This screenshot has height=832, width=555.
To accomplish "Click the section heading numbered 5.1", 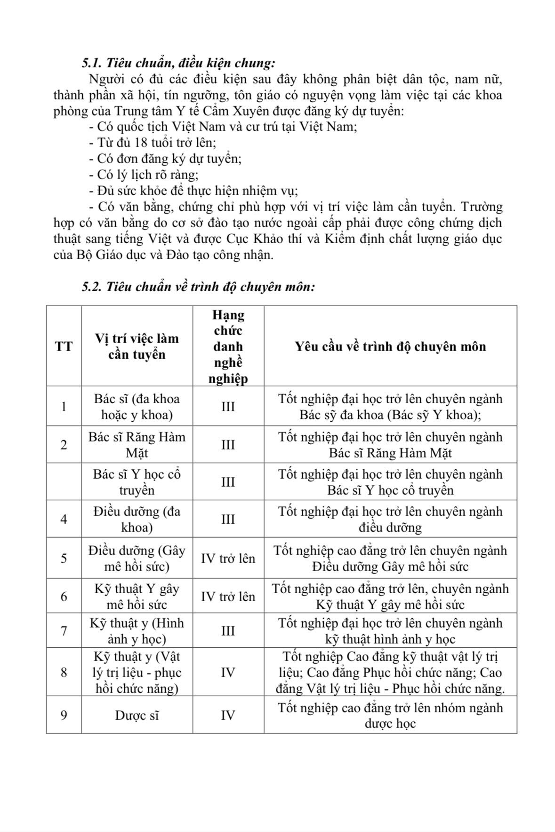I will coord(178,63).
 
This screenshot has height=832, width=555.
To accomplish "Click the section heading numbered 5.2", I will coord(198,286).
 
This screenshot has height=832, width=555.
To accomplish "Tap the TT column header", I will coord(64,346).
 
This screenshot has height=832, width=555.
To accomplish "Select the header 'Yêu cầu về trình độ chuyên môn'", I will coord(390,346).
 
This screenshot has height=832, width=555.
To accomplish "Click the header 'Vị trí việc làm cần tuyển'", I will coord(137,346).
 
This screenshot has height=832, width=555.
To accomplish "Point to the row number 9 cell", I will coord(64,715).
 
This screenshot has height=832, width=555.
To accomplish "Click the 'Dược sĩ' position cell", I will coord(137,715).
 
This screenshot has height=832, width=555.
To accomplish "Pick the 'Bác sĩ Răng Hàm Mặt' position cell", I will coord(137,445).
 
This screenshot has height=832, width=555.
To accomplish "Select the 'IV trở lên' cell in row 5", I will coord(228,558).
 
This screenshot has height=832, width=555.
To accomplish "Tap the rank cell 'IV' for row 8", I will coord(228,672).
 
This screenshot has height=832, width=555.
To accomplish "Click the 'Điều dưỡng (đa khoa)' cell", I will coord(137,519).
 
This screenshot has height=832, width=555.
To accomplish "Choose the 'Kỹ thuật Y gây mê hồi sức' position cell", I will coord(137,596).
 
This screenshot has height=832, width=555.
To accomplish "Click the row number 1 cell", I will coord(64,407).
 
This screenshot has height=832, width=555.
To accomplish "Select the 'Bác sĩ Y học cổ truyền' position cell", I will coord(137,482).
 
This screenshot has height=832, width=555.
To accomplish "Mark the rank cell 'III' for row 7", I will coord(228,631).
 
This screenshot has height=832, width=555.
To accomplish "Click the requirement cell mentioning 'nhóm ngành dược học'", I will coord(390,715).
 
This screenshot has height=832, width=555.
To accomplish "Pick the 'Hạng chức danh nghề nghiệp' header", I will coord(228,346).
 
